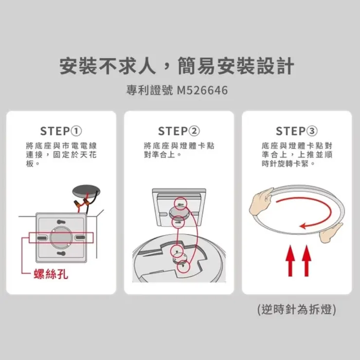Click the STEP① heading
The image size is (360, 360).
pos(61,131)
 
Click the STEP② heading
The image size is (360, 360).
pos(179,131)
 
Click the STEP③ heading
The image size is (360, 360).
pos(297,131)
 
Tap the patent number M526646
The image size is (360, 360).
pos(202,90)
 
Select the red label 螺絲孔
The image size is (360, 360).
pos(51,274)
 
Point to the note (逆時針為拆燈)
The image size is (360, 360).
pos(297,309)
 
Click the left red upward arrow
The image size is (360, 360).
pos(290,261)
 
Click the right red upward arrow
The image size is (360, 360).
pos(306,261)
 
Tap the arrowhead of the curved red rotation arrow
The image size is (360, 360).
pos(303,226)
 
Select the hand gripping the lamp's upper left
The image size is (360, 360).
pos(261,201)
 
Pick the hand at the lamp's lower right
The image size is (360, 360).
pos(330,234)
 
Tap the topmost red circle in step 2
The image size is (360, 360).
pos(180,204)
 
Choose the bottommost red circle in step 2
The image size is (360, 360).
pos(183,267)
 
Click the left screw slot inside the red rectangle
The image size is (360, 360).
pos(42,237)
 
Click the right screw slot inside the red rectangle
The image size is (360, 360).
pos(80,237)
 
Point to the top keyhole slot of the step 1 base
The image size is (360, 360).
pos(61,222)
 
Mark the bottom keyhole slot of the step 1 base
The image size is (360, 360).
pos(61,253)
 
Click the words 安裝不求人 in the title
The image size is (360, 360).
pos(108,66)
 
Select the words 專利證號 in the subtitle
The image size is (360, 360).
pos(149,90)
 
